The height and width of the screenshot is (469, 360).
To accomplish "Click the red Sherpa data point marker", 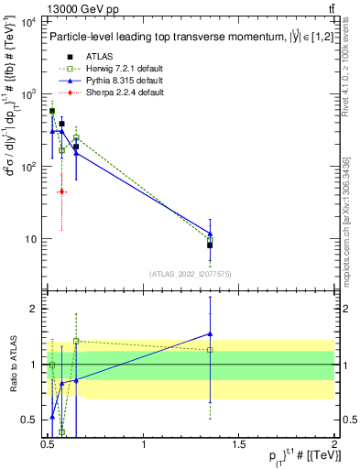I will tap(61, 191).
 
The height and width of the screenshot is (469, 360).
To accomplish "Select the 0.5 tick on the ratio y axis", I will tap(28, 420).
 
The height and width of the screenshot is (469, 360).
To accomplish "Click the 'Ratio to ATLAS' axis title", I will tap(12, 364).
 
